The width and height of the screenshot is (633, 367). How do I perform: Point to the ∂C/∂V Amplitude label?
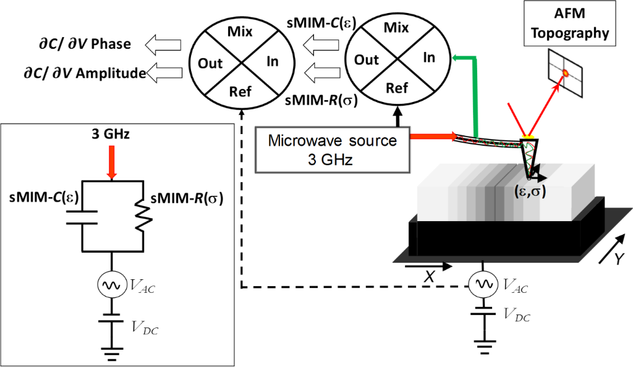[81, 74]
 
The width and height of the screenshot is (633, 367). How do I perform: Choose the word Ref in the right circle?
[396, 88]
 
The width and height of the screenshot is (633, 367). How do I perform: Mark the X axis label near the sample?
[426, 277]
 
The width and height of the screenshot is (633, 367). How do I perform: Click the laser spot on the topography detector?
[565, 74]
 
